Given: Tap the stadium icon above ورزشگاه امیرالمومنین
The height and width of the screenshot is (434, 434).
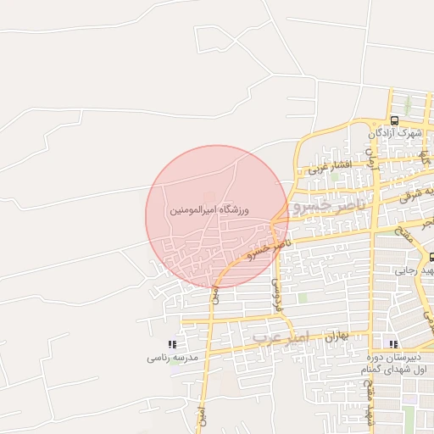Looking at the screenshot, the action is click(209, 197).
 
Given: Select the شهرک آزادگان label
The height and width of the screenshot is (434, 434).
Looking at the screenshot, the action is click(395, 133).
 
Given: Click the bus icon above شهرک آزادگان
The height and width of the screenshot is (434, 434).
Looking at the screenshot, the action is click(394, 120).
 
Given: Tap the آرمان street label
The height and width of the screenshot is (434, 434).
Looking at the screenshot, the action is click(370, 156).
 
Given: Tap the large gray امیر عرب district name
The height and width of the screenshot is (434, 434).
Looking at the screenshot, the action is click(282, 337).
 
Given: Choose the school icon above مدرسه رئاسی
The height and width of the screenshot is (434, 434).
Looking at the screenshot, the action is click(172, 345).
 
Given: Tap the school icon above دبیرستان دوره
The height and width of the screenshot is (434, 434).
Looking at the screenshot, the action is click(392, 344).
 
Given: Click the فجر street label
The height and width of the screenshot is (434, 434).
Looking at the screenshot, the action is click(428, 222).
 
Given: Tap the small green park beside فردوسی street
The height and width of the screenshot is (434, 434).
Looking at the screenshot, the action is click(303, 298).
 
